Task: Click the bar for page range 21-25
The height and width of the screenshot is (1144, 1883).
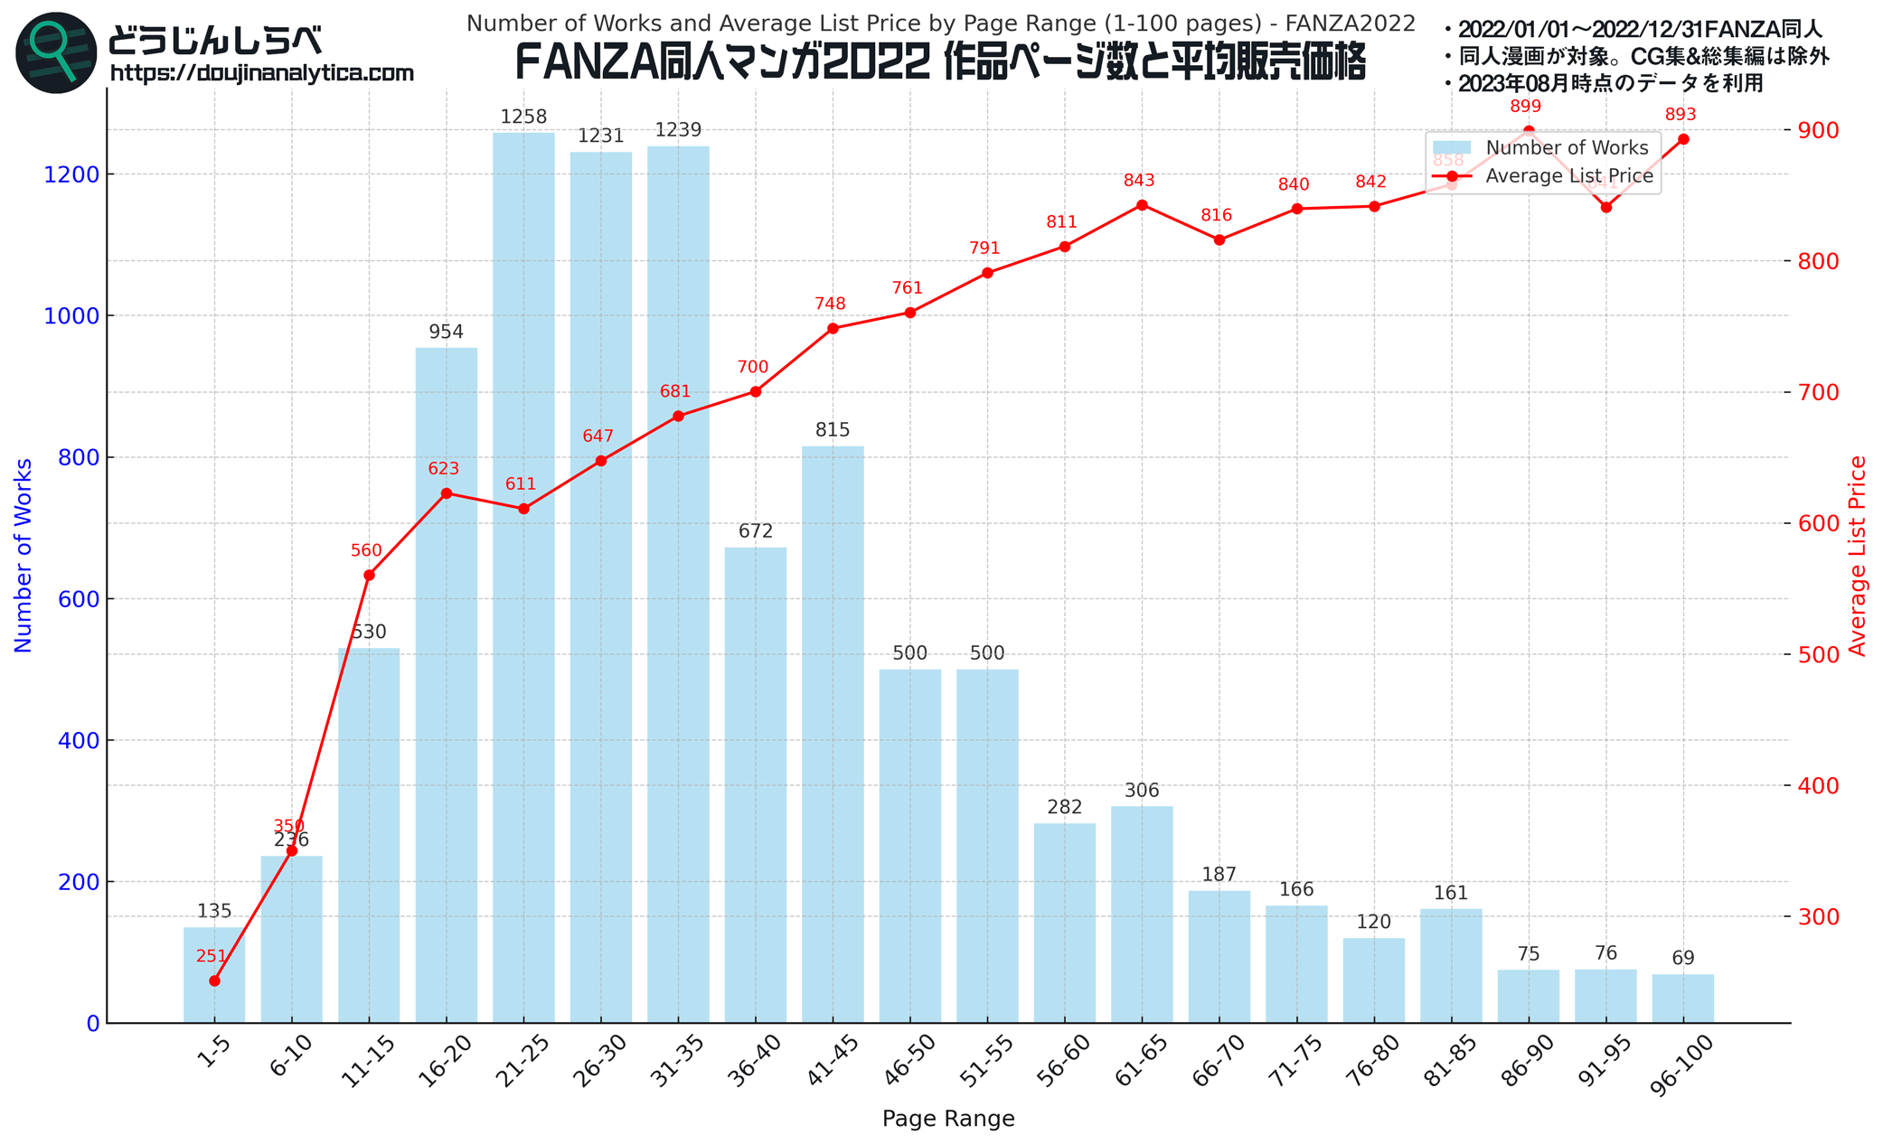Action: [x=523, y=578]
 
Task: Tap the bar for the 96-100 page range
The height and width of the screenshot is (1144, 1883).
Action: [x=1682, y=998]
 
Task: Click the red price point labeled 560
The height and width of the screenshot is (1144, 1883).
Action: [x=369, y=576]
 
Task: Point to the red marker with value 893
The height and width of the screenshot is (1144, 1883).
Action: [x=1682, y=139]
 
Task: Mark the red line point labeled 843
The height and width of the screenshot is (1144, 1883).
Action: [x=1142, y=205]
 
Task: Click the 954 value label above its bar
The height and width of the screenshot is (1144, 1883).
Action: [x=446, y=333]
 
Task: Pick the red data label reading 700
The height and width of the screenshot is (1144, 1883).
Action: [x=752, y=368]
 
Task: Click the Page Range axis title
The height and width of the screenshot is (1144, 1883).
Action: [x=947, y=1119]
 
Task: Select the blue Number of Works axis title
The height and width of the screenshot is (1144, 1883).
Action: [x=24, y=555]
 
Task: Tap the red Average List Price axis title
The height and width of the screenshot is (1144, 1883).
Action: [x=1858, y=555]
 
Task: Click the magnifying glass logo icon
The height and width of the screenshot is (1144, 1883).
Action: [x=56, y=52]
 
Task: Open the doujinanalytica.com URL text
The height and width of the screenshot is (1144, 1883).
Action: [x=262, y=73]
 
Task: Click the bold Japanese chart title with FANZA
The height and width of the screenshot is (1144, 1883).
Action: [x=940, y=63]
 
